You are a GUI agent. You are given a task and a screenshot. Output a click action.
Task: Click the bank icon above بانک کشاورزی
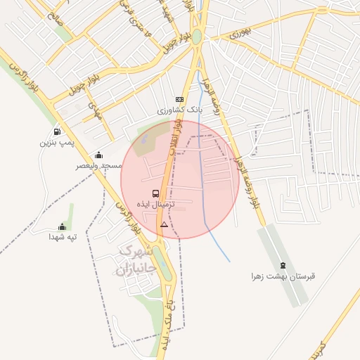[179, 99]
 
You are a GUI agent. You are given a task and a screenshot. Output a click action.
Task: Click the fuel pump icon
[56, 131]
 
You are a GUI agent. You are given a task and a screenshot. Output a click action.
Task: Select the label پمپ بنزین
[56, 143]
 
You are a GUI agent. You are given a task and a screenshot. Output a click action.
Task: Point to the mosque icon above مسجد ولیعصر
[98, 155]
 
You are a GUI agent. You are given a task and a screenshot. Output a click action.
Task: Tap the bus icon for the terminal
[155, 193]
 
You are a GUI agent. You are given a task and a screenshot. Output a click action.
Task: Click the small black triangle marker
[164, 224]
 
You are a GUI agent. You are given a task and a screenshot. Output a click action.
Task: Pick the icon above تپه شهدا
[62, 226]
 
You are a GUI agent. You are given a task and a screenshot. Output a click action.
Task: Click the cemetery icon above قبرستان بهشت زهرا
[283, 265]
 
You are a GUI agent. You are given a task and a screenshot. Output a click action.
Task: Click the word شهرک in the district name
[136, 252]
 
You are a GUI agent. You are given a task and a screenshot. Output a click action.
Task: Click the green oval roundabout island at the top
[198, 37]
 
